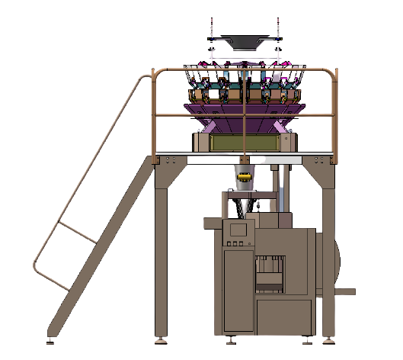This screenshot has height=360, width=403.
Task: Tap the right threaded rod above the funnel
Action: pyautogui.click(x=279, y=27)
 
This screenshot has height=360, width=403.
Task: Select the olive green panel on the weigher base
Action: pyautogui.click(x=244, y=143)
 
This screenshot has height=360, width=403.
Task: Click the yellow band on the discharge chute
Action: pyautogui.click(x=245, y=177)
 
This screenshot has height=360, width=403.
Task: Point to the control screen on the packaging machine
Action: pyautogui.click(x=238, y=228)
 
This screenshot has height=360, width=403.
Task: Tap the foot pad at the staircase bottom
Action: pyautogui.click(x=51, y=337)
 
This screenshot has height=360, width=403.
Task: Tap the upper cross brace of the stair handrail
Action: pyautogui.click(x=76, y=232)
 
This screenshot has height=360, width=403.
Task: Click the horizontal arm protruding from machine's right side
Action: pyautogui.click(x=347, y=291)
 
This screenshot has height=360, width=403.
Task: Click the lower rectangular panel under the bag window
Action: pyautogui.click(x=283, y=317)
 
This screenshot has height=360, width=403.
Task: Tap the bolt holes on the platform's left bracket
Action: pyautogui.click(x=168, y=159)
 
